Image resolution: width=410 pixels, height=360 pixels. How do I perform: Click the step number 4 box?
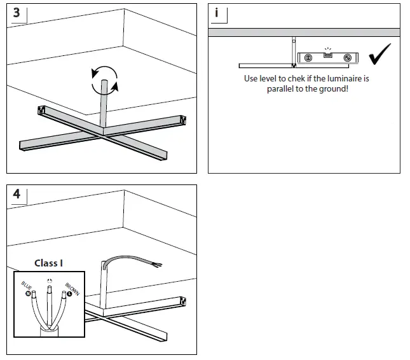pos(16,194)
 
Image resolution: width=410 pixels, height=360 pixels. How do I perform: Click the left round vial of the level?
pos(308,58)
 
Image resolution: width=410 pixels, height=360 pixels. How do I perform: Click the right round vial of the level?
pos(347,58)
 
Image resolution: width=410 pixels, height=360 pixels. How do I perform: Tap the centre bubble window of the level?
pos(328,55)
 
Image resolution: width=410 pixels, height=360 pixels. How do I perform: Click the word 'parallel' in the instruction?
pos(281,89)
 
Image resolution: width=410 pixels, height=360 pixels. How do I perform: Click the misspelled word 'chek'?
pos(292,79)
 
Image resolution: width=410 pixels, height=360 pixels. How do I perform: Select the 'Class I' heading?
pos(49,263)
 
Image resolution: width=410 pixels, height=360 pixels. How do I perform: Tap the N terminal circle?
pos(28,294)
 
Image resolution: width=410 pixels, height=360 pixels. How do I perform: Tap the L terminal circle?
pos(69,294)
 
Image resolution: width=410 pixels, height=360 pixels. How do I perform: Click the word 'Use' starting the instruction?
pos(251,79)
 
